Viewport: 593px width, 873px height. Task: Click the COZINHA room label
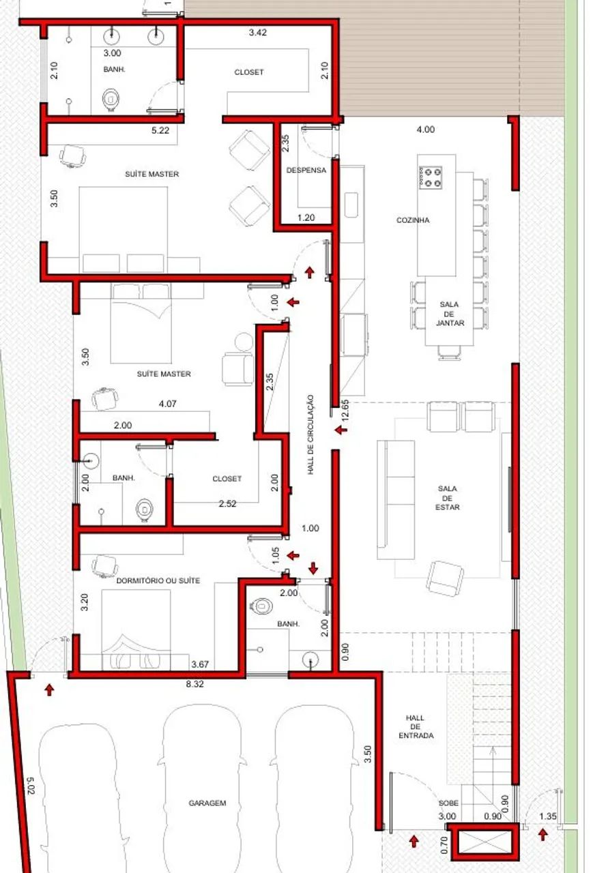[413, 220]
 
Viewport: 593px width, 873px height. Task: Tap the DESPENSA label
[306, 171]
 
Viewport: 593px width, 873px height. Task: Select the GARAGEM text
[207, 803]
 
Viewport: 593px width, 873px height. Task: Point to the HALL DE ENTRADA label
[416, 726]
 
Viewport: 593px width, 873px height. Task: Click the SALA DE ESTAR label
[448, 498]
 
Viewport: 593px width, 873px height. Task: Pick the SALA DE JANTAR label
[450, 313]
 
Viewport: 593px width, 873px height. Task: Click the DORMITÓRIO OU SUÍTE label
[158, 580]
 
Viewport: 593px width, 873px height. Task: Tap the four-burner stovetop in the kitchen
[431, 177]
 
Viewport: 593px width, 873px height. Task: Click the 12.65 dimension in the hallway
[345, 411]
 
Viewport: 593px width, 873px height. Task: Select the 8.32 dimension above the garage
[194, 684]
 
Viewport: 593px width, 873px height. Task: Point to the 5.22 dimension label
[160, 130]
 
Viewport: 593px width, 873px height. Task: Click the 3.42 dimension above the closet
[258, 32]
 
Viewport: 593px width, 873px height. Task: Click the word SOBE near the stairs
[448, 803]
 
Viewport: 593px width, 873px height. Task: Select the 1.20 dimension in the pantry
[306, 218]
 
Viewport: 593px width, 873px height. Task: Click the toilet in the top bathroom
[111, 99]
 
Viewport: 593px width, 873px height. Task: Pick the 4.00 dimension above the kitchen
[425, 130]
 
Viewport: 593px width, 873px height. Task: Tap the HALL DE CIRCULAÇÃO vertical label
[310, 434]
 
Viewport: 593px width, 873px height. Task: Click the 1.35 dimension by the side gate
[548, 816]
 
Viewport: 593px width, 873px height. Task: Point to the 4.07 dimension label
[167, 404]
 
